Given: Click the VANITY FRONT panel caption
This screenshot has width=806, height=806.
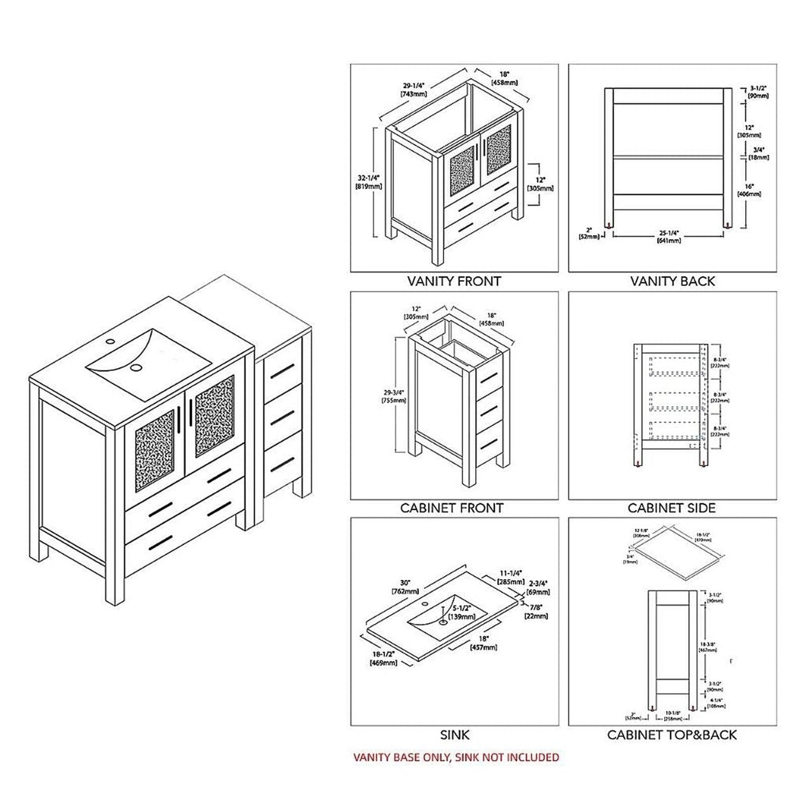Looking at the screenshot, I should point(454,281).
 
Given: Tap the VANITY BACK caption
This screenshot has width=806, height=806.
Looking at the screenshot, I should point(672,281).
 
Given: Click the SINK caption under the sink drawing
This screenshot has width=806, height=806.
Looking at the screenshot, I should point(455,735).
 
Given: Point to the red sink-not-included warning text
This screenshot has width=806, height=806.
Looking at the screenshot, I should point(456,757).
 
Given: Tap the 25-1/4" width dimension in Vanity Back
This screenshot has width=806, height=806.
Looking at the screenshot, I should point(670,236).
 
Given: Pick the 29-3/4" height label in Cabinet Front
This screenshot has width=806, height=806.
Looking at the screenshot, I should point(393,396).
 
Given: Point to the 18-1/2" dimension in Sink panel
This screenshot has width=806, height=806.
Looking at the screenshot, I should point(383,658).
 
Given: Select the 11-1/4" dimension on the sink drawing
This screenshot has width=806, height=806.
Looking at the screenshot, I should point(510,578).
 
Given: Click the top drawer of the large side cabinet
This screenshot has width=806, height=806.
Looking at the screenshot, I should point(283,367).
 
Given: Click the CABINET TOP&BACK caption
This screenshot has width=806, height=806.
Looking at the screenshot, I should point(672,735).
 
